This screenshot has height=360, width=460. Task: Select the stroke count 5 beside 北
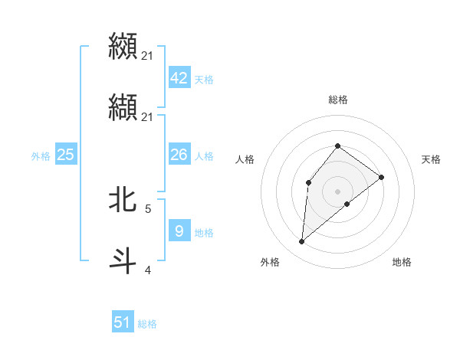tap(148, 208)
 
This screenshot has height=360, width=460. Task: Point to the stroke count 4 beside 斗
tap(148, 270)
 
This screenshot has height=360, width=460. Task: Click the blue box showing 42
tap(179, 78)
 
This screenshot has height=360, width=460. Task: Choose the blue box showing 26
tap(179, 155)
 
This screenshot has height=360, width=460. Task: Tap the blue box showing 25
tap(65, 155)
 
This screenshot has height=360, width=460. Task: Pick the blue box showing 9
tap(179, 231)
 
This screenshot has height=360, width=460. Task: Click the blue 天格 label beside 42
tap(204, 80)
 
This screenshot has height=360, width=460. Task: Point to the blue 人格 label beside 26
tap(204, 156)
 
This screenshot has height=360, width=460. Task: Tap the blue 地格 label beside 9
tap(204, 232)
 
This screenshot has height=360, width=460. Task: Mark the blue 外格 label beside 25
tap(41, 156)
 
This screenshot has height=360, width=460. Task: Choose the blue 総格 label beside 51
tap(147, 324)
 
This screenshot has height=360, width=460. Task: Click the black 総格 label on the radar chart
tap(337, 100)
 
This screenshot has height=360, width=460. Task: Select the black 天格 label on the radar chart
tap(432, 159)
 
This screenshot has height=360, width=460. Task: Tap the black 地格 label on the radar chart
tap(402, 262)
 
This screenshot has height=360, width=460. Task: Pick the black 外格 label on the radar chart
tap(270, 262)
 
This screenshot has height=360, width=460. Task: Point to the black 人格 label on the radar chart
tap(245, 159)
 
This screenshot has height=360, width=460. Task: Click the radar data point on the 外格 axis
tap(302, 242)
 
